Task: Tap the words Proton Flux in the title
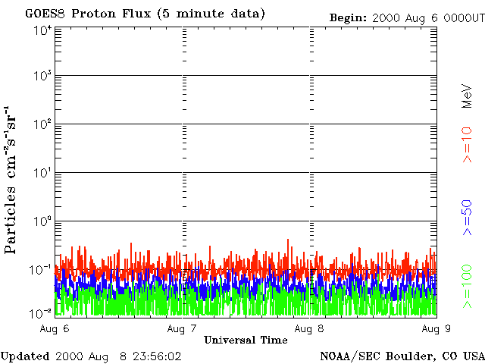(x=111, y=14)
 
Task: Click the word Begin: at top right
(x=348, y=17)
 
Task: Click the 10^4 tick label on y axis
(x=42, y=30)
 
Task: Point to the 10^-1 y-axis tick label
(x=42, y=268)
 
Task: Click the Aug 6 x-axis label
(x=54, y=328)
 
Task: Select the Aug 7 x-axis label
(x=181, y=328)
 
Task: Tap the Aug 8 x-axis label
(x=308, y=328)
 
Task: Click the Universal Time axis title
(x=246, y=340)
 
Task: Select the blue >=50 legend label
(x=467, y=218)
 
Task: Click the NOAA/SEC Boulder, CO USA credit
(x=402, y=356)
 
